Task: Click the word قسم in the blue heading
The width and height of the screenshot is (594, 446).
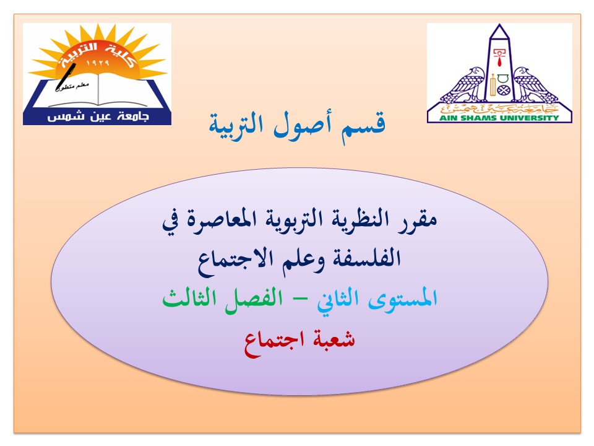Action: (363, 126)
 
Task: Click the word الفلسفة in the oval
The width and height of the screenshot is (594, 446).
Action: (367, 258)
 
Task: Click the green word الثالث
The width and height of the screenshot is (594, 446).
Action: (189, 298)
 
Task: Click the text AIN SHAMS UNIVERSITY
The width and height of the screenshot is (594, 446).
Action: (499, 118)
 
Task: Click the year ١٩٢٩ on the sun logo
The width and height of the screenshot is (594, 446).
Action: (97, 62)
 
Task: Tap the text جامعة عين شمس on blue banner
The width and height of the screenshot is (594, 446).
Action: (98, 116)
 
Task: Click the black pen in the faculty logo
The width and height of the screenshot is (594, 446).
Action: (66, 77)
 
